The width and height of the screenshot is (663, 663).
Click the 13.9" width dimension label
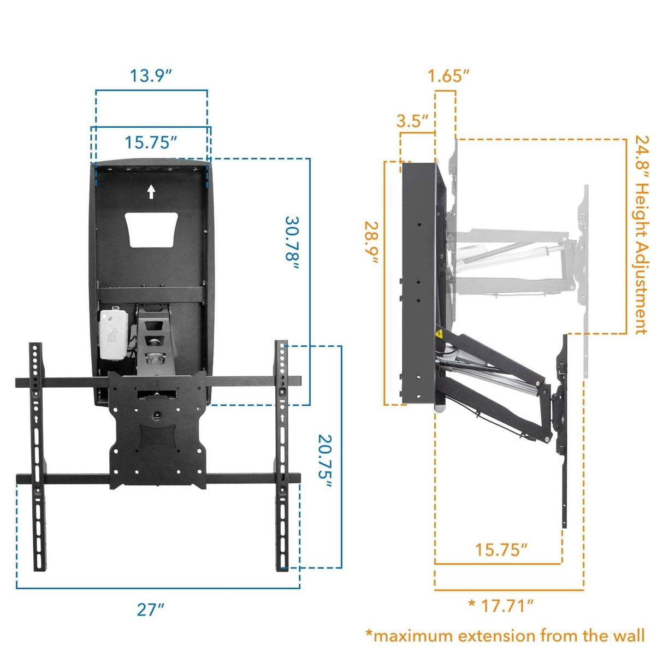tap(151, 75)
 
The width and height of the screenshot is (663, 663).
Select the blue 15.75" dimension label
tap(151, 142)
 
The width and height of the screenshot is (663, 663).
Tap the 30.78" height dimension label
tap(293, 243)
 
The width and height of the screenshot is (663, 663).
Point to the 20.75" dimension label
tap(325, 456)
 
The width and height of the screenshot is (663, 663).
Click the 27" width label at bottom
tap(150, 609)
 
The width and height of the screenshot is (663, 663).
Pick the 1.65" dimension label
tap(448, 76)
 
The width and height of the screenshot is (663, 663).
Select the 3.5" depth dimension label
tap(412, 121)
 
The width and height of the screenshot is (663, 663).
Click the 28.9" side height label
tap(372, 243)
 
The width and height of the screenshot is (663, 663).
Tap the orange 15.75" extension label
tap(501, 549)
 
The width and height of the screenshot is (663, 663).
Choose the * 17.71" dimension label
tap(501, 605)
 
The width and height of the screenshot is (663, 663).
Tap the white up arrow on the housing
tap(151, 192)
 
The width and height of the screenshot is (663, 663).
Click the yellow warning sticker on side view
tap(438, 335)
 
